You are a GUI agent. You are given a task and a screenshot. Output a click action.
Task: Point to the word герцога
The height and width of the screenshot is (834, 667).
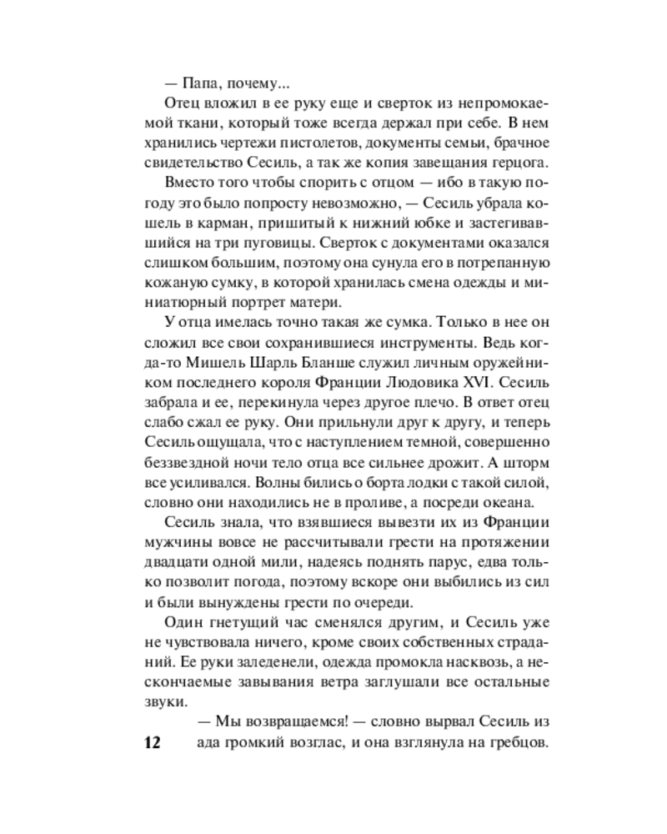pyautogui.click(x=518, y=163)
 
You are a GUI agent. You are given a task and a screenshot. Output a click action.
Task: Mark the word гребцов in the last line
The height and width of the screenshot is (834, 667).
pyautogui.click(x=518, y=742)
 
